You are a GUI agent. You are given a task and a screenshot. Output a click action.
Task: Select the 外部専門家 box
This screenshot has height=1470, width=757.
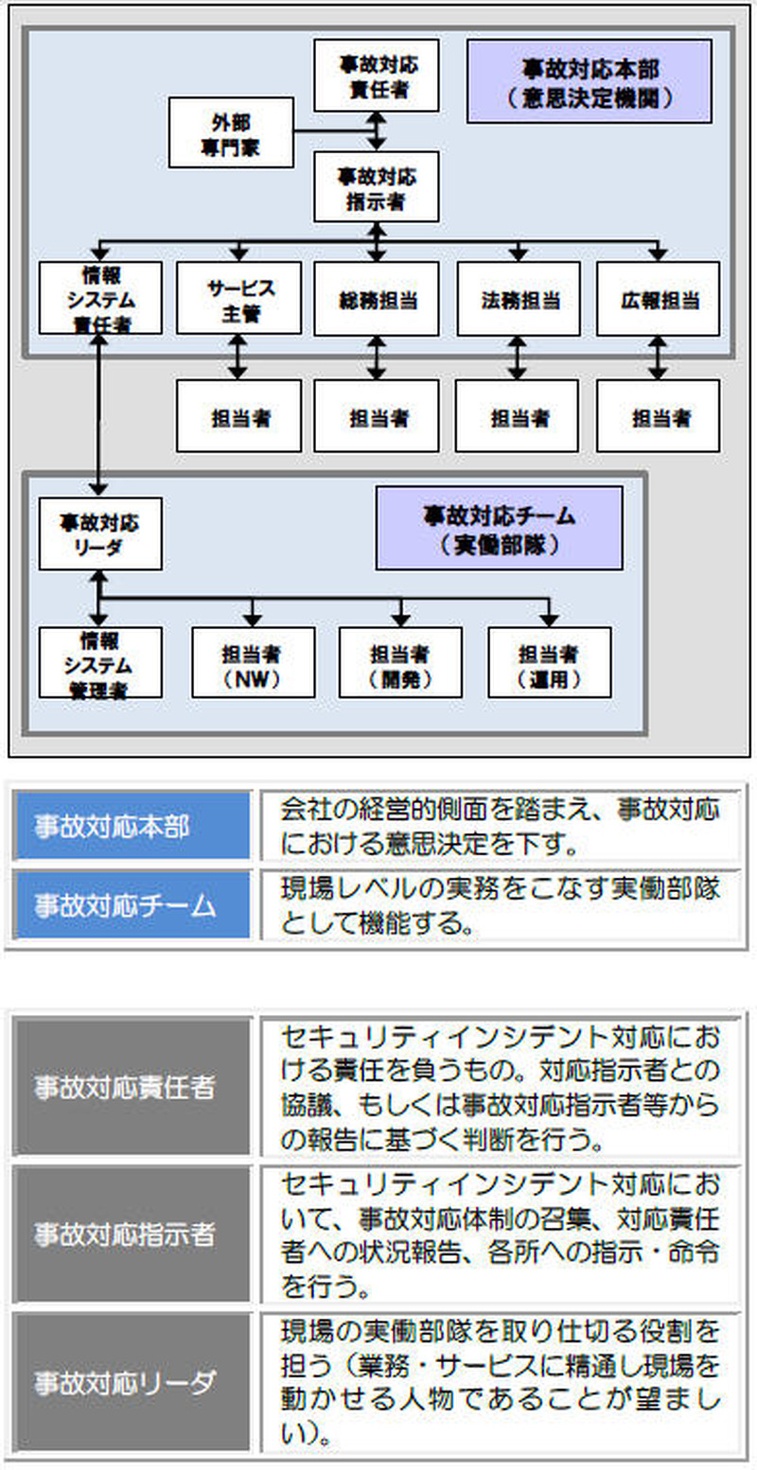[x=231, y=132]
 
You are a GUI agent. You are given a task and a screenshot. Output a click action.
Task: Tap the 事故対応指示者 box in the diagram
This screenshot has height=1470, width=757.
[x=377, y=186]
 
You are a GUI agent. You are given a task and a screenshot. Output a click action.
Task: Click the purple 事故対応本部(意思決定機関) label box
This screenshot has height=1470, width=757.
[x=589, y=81]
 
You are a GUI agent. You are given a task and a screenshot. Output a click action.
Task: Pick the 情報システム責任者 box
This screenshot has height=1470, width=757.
[x=100, y=298]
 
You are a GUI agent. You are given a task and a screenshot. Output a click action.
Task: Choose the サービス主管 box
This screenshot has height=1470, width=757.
[x=238, y=298]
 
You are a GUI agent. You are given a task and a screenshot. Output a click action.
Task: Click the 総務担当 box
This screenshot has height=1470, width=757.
[x=377, y=299]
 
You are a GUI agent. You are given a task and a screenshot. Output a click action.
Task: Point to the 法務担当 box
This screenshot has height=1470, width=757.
[x=518, y=299]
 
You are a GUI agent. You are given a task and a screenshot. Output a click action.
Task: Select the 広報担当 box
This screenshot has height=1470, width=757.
[x=658, y=299]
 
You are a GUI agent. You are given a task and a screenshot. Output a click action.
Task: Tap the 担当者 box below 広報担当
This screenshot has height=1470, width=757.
[x=658, y=415]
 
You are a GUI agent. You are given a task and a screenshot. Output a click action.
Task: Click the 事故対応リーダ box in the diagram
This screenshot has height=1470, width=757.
[x=100, y=534]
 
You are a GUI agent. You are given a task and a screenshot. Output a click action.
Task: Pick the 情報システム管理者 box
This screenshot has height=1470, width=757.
[x=100, y=662]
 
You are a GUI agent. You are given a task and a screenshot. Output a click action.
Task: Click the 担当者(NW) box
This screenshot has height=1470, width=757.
[x=253, y=662]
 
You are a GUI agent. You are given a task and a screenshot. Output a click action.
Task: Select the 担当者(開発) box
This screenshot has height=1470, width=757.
[x=400, y=662]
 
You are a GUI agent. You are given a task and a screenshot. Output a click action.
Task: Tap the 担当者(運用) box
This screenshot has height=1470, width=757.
[x=549, y=662]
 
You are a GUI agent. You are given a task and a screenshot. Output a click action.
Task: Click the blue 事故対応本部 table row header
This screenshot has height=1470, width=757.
[x=132, y=826]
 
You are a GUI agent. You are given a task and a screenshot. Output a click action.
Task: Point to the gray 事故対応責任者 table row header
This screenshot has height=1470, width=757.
[x=132, y=1087]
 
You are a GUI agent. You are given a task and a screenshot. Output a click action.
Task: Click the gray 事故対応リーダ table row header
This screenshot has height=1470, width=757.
[x=132, y=1382]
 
